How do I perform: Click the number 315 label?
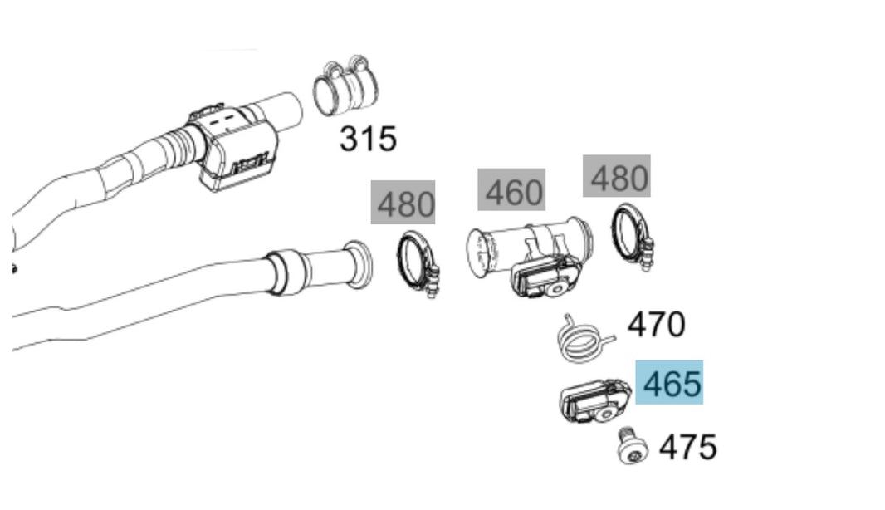coord(368,139)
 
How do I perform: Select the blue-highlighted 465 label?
coord(670,384)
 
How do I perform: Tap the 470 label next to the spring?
coord(656,324)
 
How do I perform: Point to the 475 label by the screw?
coord(687,447)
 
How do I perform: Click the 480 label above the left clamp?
coord(403,203)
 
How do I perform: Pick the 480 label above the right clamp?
coord(616,176)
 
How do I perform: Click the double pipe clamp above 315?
coord(345,88)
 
